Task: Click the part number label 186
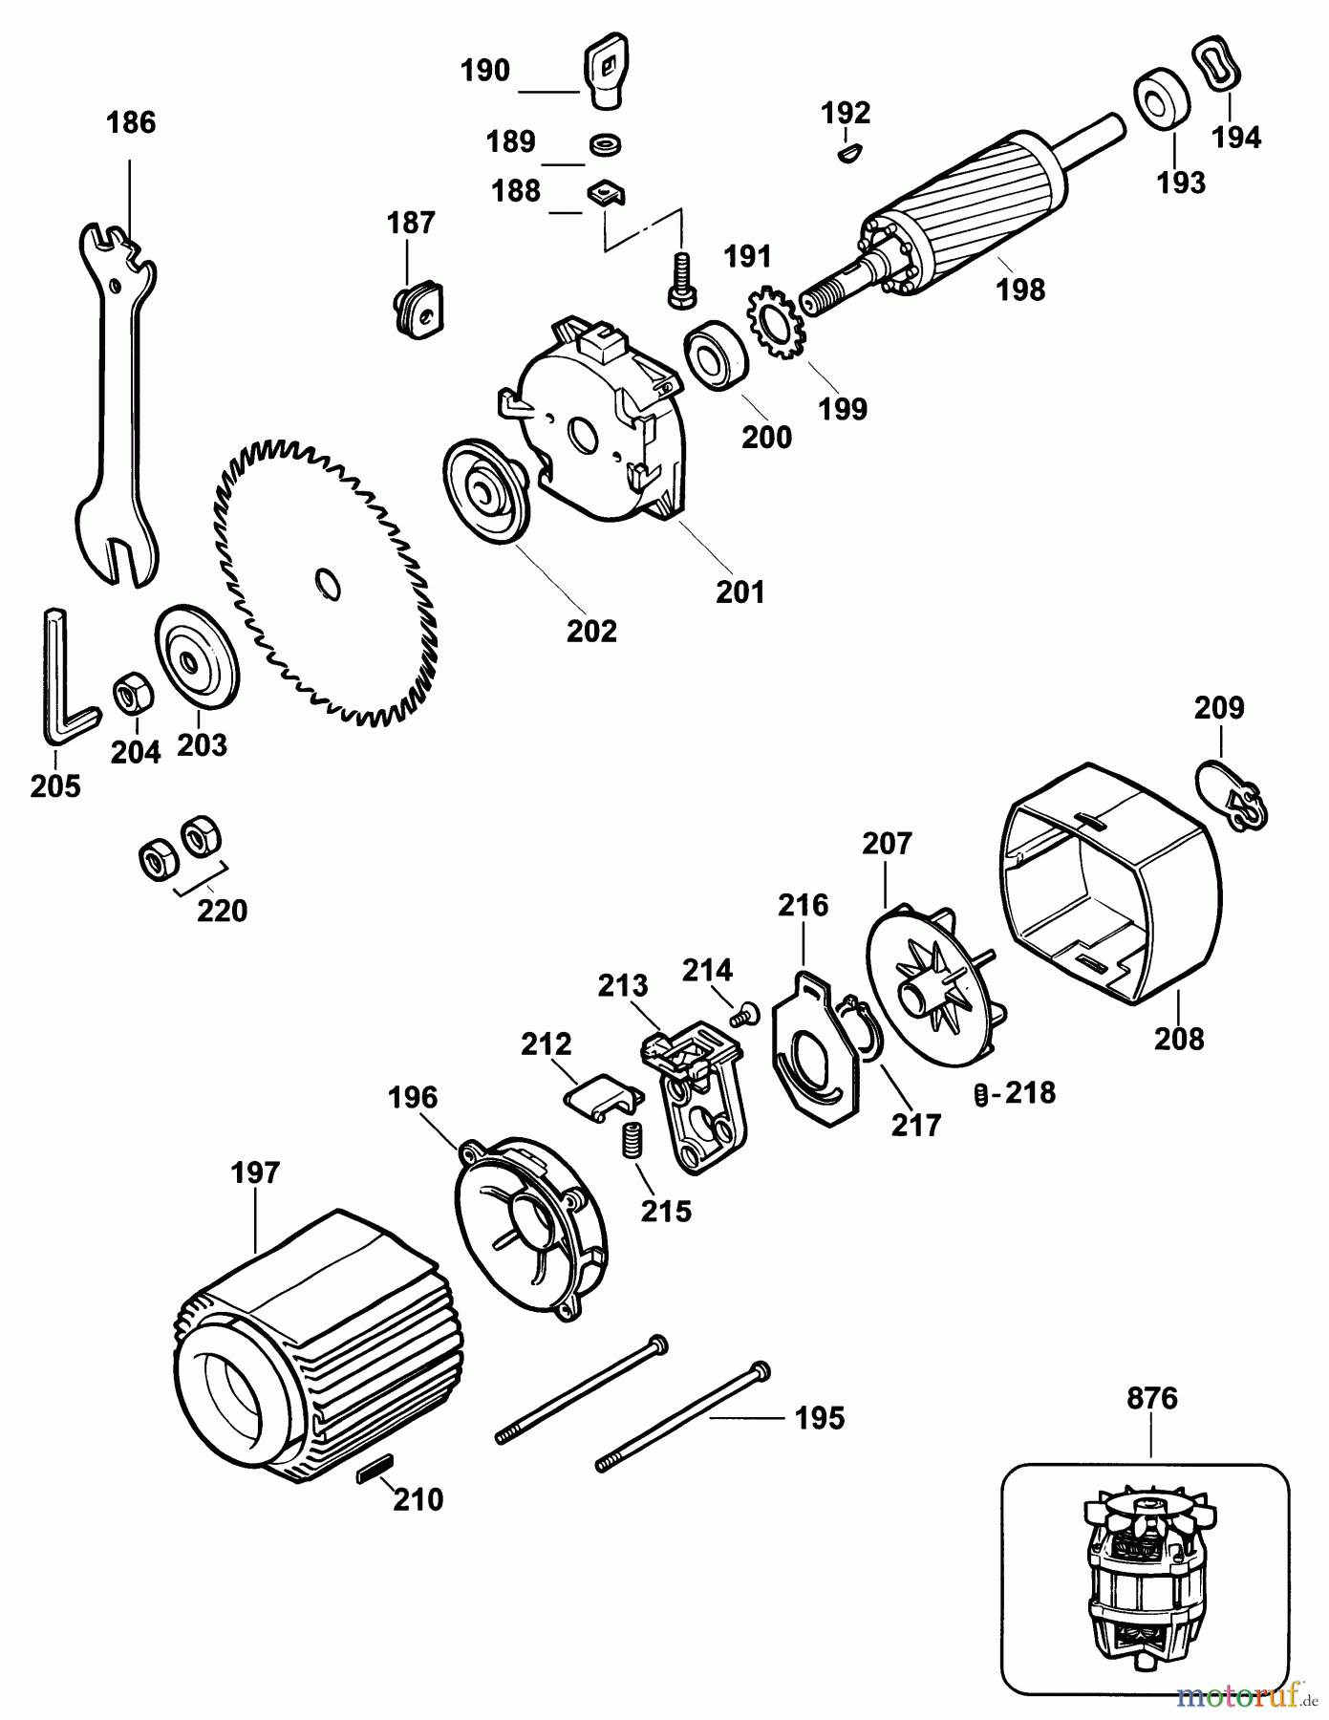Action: click(132, 123)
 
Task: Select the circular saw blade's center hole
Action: click(326, 584)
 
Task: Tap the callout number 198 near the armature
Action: click(1020, 290)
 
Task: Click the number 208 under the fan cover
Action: click(1179, 1039)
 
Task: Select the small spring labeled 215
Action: click(630, 1140)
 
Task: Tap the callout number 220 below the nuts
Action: click(222, 911)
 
